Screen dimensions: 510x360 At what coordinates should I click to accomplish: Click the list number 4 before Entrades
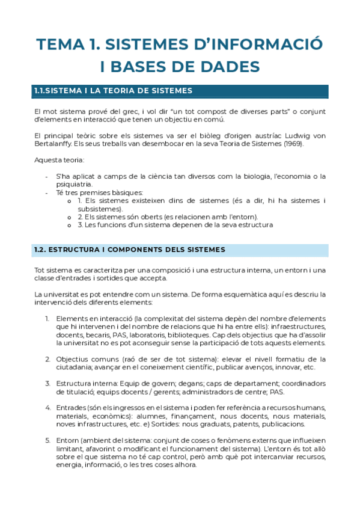[47, 407]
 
